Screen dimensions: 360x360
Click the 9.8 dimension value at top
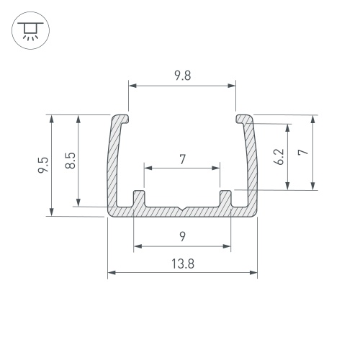coord(183,76)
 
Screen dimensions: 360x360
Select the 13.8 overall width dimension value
coord(183,264)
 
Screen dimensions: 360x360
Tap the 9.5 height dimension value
coord(43,165)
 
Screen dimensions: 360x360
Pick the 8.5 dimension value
coord(71,161)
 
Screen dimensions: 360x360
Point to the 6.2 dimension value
coord(279,157)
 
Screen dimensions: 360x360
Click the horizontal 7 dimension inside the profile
coord(183,159)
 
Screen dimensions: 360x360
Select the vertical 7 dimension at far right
coord(302,152)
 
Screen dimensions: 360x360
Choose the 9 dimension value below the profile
coord(183,237)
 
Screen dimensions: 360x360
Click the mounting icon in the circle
coord(30,30)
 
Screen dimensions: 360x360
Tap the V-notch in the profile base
coord(183,209)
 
